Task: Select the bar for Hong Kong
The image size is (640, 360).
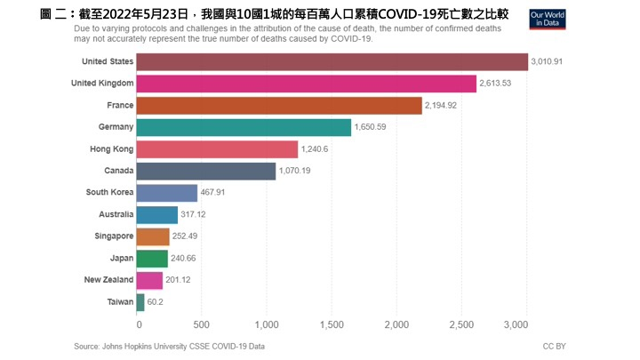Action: (x=217, y=149)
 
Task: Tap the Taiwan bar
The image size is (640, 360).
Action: (x=140, y=302)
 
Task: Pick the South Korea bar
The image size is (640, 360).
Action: (x=167, y=193)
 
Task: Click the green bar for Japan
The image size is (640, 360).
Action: (x=152, y=259)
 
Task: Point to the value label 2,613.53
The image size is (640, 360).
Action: (x=500, y=84)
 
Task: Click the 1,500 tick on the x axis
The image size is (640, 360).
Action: (x=331, y=324)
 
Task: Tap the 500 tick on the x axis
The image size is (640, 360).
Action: (x=201, y=324)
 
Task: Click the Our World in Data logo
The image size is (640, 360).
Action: (x=548, y=20)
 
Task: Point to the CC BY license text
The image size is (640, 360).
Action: (x=554, y=346)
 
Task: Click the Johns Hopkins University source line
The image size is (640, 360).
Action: (x=169, y=346)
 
